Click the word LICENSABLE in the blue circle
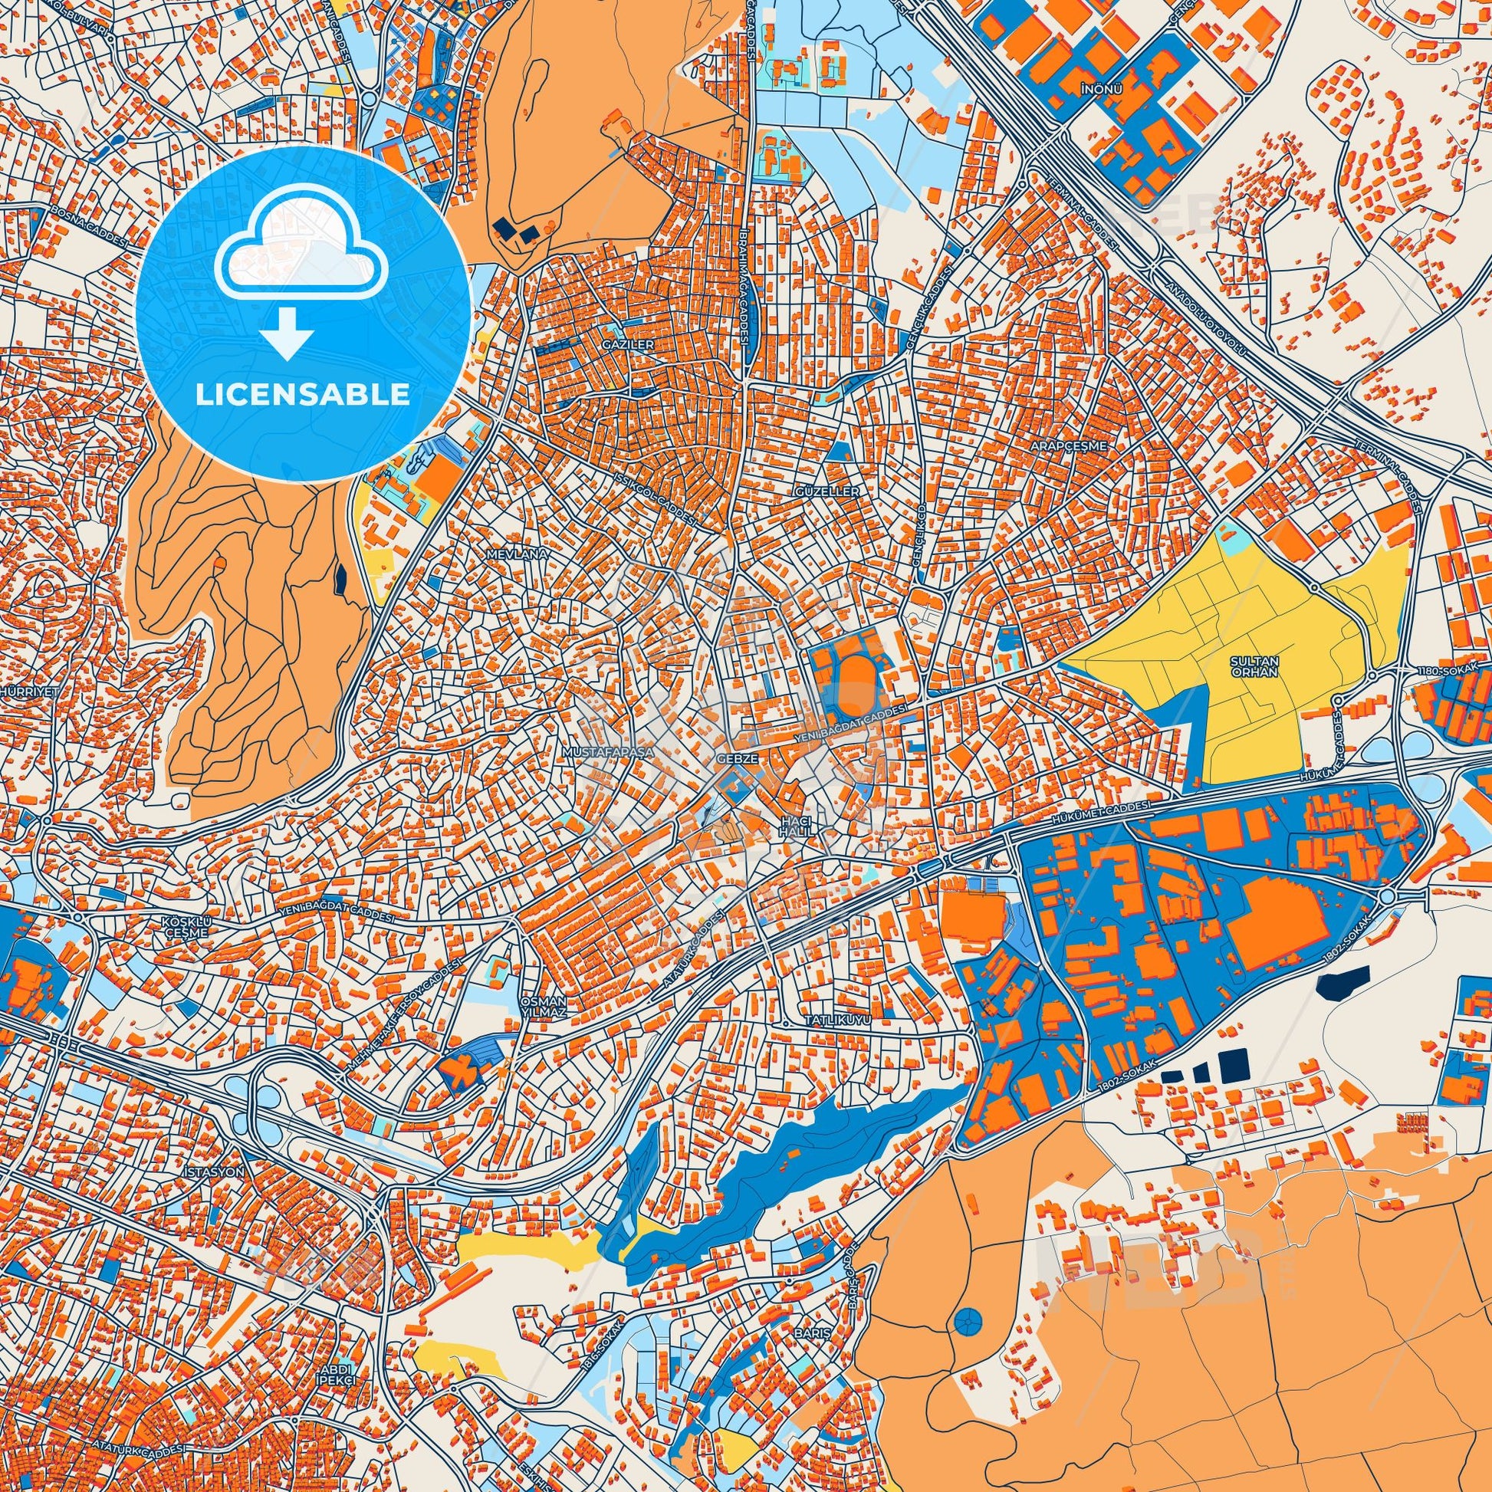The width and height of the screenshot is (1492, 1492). coord(302,394)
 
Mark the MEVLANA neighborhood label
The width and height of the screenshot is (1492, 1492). coord(527,554)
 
